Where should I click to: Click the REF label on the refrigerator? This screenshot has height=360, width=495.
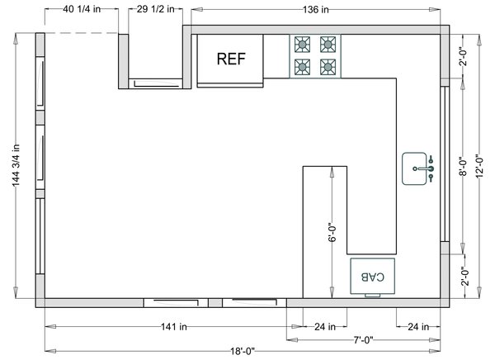click(231, 59)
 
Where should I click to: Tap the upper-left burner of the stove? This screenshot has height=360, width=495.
click(302, 45)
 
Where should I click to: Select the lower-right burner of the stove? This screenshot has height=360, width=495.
click(328, 67)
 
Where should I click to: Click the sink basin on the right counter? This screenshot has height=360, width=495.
click(414, 168)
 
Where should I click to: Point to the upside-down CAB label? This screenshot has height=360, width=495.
click(373, 277)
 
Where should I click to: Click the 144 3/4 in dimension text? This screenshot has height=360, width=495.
click(16, 165)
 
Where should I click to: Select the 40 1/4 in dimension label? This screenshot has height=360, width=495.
click(82, 9)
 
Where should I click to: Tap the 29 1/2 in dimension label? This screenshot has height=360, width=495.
click(156, 9)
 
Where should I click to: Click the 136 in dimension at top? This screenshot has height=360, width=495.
click(316, 10)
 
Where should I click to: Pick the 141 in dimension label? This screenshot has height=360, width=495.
click(174, 326)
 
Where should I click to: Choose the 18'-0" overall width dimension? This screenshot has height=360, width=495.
click(243, 351)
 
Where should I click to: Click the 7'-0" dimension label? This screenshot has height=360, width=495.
click(363, 340)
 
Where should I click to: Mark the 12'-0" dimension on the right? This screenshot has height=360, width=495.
click(479, 166)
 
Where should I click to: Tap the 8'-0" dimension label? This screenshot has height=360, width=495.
click(463, 166)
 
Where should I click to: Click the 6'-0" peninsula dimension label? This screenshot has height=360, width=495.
click(332, 234)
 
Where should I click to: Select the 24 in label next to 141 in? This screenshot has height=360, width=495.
click(325, 326)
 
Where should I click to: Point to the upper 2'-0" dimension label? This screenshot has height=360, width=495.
click(463, 57)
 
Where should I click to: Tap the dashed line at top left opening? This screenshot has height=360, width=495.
click(82, 33)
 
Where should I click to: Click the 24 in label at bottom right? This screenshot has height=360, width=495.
click(418, 326)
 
